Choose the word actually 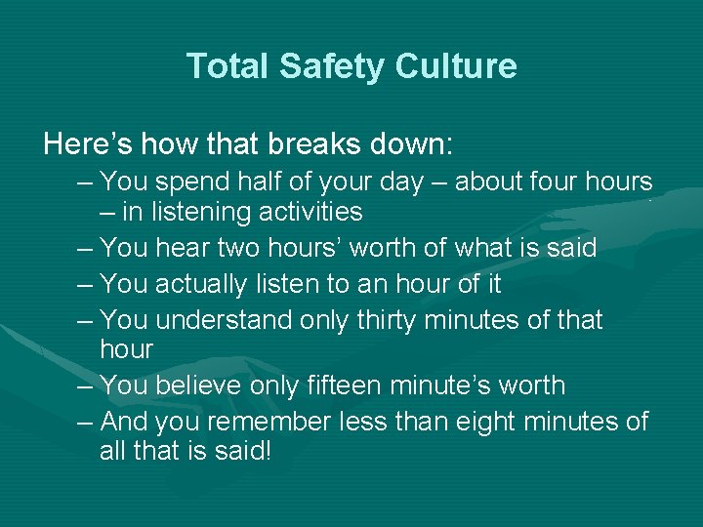206,284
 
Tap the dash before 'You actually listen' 86,284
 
